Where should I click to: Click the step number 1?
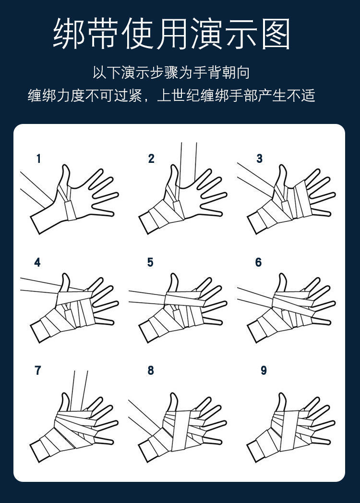click(39, 159)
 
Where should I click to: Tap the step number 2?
click(151, 159)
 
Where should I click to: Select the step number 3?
click(260, 159)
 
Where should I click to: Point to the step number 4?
click(37, 263)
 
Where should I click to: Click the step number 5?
click(150, 262)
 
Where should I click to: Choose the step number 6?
click(259, 262)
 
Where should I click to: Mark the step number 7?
click(38, 370)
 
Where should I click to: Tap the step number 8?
click(151, 370)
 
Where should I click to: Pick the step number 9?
click(264, 370)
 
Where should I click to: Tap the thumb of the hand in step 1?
click(64, 175)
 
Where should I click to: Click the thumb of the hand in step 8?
click(172, 402)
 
